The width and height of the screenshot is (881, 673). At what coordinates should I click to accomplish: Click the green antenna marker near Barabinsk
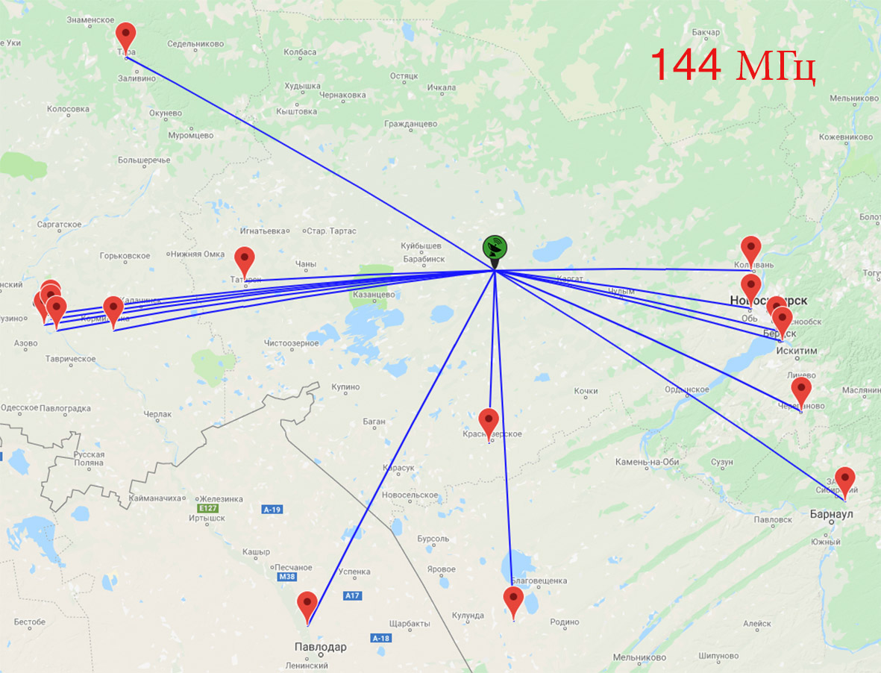[x=495, y=248]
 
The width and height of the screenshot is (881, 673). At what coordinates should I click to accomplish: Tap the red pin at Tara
[x=126, y=35]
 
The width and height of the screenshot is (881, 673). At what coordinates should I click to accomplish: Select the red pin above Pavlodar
[x=307, y=604]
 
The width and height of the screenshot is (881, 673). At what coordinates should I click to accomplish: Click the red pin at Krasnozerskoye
[x=489, y=421]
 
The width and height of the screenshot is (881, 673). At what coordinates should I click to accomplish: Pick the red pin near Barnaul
[x=844, y=479]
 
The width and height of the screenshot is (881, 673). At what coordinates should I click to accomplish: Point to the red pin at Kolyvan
[x=750, y=248]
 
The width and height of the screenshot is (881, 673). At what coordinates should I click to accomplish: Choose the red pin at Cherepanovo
[x=801, y=389]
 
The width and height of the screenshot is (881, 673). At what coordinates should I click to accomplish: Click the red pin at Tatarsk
[x=245, y=260]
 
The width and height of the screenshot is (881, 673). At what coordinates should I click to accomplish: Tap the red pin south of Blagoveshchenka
[x=513, y=599]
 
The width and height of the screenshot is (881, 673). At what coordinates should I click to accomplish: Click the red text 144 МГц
[x=733, y=64]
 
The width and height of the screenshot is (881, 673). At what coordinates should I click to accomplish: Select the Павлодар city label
[x=321, y=647]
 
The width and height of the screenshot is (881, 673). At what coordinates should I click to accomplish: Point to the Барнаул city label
[x=832, y=514]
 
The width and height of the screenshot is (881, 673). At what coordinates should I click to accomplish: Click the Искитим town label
[x=797, y=351]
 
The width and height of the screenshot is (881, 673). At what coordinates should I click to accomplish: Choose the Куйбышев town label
[x=421, y=245]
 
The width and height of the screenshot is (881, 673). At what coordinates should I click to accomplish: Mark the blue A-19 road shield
[x=272, y=510]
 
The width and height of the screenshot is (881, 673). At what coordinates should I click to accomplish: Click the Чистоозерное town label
[x=292, y=343]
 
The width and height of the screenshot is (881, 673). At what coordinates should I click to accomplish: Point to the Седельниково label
[x=195, y=44]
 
